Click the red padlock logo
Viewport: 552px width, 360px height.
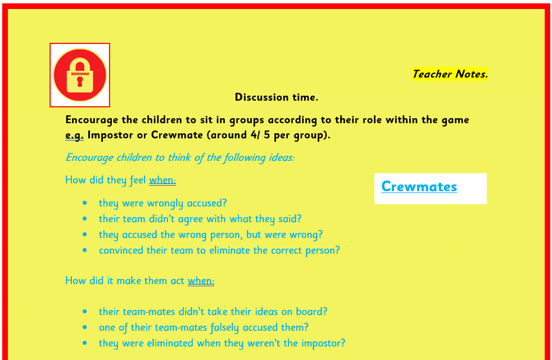click(x=80, y=75)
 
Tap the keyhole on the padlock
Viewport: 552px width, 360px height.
click(x=80, y=82)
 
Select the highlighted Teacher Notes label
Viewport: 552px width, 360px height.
click(x=450, y=74)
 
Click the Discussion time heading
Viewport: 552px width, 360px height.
click(x=277, y=97)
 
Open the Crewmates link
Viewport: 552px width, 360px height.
click(x=419, y=186)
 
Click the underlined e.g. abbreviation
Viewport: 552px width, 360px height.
click(x=74, y=135)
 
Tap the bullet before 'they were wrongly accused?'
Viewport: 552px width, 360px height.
click(x=85, y=203)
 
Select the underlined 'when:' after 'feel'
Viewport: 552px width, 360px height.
click(x=162, y=180)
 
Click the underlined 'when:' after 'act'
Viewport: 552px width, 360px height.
click(x=201, y=281)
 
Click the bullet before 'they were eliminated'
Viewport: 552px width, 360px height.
click(x=85, y=343)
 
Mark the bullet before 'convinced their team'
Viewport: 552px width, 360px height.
click(x=85, y=250)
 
